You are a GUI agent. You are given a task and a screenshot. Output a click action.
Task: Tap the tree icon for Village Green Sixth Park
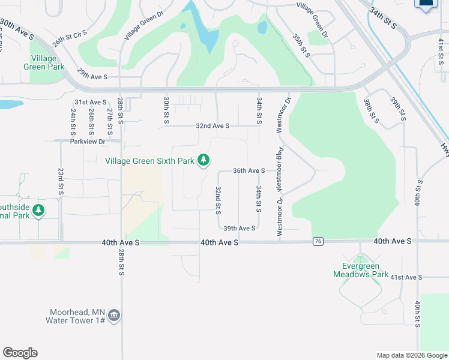205,160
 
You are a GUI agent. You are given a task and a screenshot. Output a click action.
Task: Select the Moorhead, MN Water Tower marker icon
115,316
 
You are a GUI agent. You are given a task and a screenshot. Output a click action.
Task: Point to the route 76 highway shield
318,241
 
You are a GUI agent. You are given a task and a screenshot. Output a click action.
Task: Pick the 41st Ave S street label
406,277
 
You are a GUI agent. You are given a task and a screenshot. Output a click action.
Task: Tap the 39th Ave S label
240,229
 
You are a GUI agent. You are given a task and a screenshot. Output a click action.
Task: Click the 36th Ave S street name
249,171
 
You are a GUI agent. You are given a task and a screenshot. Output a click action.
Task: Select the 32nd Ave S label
212,126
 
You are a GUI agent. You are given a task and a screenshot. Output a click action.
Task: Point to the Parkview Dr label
88,142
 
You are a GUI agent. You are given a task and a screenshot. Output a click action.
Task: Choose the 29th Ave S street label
92,77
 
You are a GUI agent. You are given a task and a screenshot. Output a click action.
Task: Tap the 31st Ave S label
90,103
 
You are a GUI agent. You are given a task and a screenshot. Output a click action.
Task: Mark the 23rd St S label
61,181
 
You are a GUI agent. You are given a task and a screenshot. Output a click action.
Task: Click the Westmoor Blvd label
280,169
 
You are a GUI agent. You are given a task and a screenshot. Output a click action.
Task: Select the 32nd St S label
218,200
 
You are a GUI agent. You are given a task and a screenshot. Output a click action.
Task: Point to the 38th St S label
371,110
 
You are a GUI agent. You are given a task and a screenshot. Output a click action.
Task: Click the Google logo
20,353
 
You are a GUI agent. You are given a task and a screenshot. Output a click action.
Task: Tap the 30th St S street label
166,111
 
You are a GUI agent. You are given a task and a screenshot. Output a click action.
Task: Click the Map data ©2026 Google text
411,355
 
